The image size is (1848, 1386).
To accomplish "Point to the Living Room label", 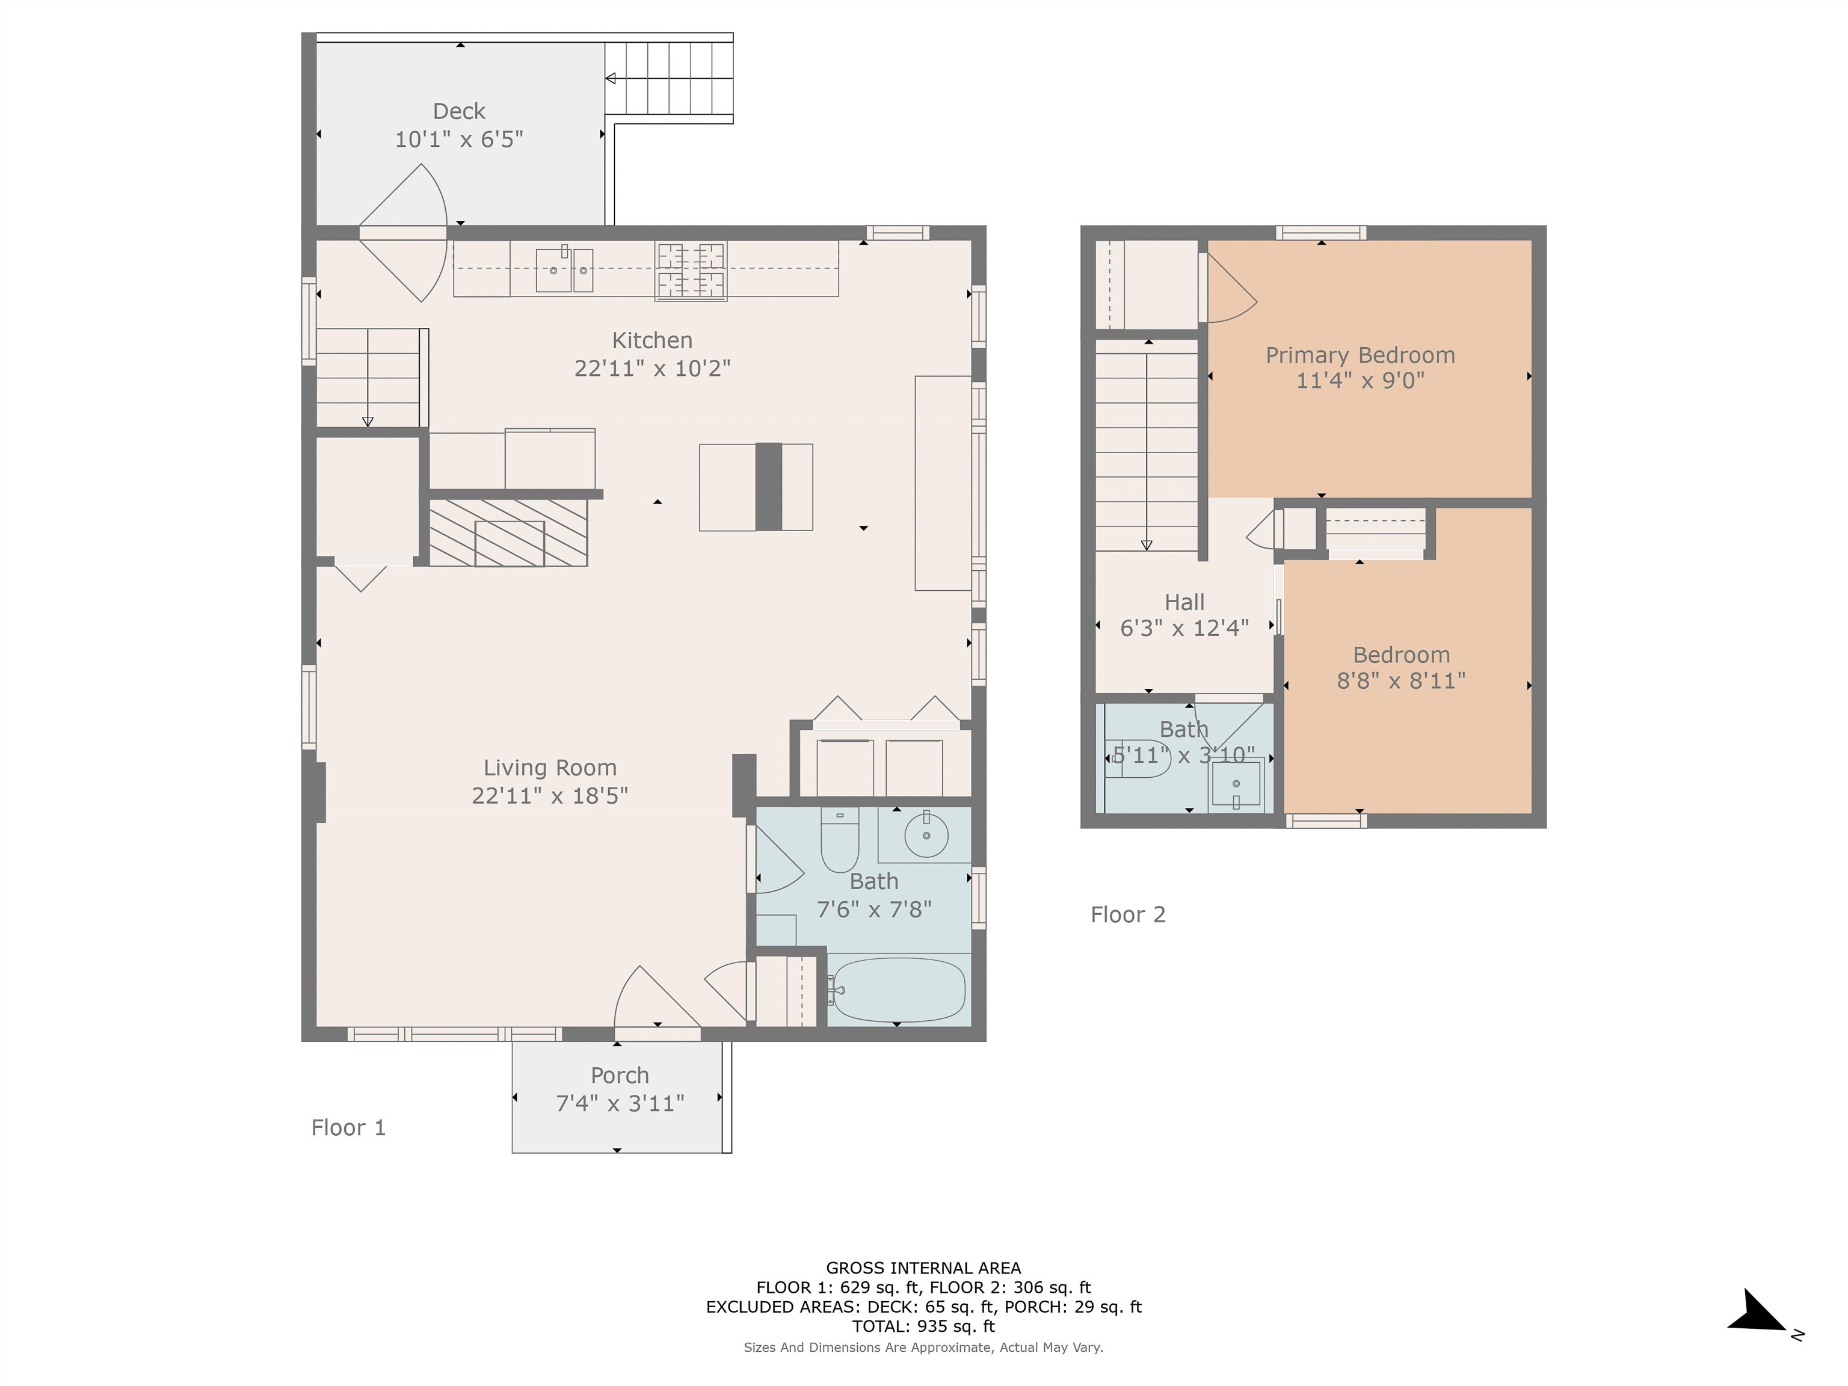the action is [550, 768].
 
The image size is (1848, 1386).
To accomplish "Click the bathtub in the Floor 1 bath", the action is [898, 990].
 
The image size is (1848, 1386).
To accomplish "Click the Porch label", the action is [619, 1075].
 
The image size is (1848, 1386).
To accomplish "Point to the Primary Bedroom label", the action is [1360, 355].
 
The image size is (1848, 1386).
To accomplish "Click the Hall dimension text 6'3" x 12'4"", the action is [1184, 628].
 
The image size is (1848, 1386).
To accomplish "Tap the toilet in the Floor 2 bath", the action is [1137, 759].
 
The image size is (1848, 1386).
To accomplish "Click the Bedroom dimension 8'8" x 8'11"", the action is [1401, 681].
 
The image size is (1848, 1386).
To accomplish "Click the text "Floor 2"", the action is [1128, 915].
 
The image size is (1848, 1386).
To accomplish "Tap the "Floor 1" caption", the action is [348, 1128].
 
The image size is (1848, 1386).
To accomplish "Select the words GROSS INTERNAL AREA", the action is [923, 1268].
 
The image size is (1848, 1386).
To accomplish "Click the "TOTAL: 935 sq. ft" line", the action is [923, 1326].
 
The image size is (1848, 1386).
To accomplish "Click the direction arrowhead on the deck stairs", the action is [611, 79].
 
